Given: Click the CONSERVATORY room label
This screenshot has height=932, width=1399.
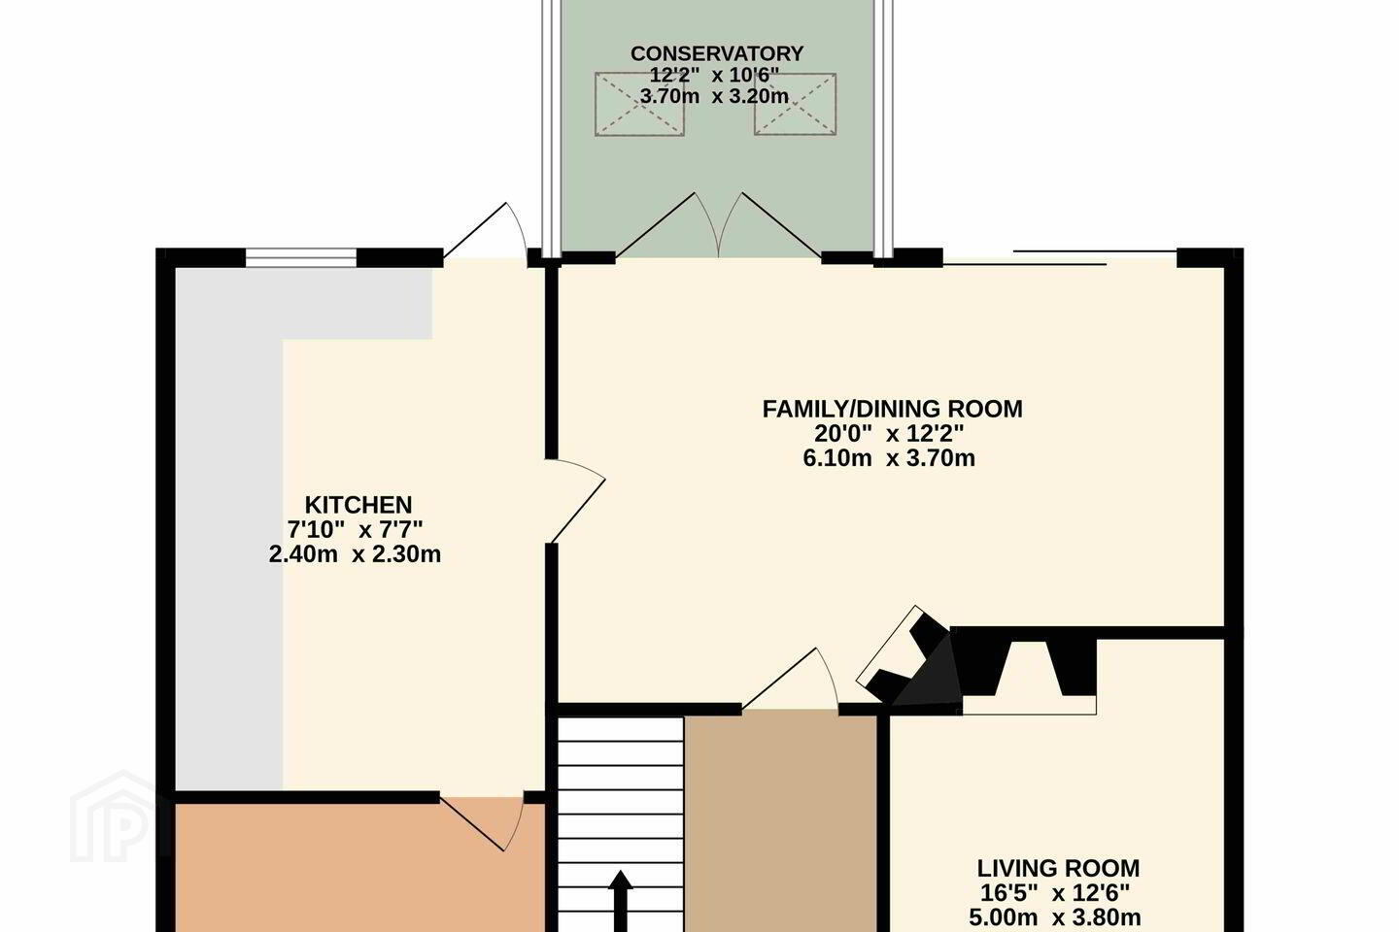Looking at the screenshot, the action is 716,53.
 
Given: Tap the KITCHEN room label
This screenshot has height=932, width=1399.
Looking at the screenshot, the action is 358,505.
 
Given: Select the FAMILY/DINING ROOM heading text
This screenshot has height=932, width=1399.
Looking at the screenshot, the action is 893,409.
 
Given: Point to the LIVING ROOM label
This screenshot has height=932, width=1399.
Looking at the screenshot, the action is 1058,868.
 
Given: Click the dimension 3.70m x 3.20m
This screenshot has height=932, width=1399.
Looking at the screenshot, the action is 714,96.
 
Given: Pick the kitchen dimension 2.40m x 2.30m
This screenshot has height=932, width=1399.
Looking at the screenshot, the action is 355,553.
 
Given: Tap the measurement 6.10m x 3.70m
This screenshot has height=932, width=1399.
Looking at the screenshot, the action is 889,457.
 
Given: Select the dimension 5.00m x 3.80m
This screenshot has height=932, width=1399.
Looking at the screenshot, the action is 1055,917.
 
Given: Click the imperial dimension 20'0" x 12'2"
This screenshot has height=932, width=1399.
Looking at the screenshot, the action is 889,433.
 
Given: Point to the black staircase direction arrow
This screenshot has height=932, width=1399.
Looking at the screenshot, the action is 620,901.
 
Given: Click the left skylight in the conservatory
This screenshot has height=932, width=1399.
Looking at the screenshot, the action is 639,104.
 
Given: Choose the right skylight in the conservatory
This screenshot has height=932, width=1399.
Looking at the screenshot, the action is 795,104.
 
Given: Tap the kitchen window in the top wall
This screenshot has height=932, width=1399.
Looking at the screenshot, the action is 300,257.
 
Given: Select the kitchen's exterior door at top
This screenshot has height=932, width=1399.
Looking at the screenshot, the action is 486,230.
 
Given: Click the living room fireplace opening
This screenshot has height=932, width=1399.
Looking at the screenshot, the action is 1029,677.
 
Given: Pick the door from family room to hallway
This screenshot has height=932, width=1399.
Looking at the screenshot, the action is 790,679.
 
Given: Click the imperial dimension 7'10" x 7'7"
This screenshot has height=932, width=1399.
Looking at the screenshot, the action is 355,529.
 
